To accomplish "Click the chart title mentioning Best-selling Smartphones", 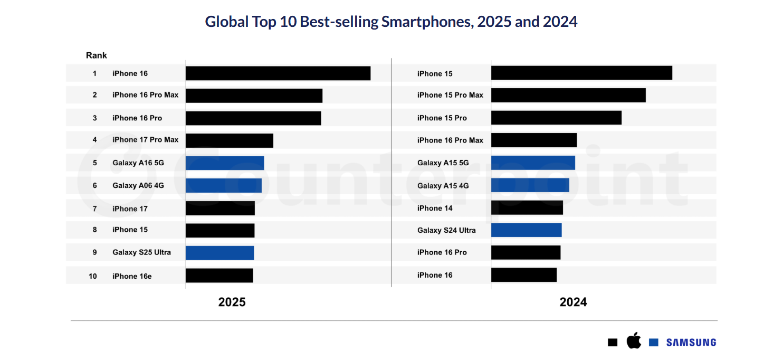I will coord(391,22).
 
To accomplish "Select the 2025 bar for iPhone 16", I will coord(278,73).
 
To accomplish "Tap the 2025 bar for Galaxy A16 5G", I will coord(224,163).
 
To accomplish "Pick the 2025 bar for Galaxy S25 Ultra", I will coord(220,253).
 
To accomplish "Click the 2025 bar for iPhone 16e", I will coord(219,276).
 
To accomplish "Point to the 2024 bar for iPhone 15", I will coord(581,73).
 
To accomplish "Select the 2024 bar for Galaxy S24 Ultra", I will coord(526,230).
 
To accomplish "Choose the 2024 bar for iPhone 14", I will coord(527,208).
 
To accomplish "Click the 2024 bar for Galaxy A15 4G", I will coord(530,185).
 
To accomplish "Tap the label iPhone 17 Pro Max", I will coord(145,140).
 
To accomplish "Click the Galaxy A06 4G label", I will coord(138,185).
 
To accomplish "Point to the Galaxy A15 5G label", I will coord(443,163).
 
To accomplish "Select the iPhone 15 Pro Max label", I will coord(450,95).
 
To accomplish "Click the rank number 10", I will coord(93,276).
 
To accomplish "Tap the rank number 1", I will coord(95,73).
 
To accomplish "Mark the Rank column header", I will coord(97,55).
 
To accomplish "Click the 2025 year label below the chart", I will coord(232,302).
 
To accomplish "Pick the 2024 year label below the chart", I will coord(573,302).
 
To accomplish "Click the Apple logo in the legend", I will coord(634,342).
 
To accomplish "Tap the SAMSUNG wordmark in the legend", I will coord(691,343).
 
